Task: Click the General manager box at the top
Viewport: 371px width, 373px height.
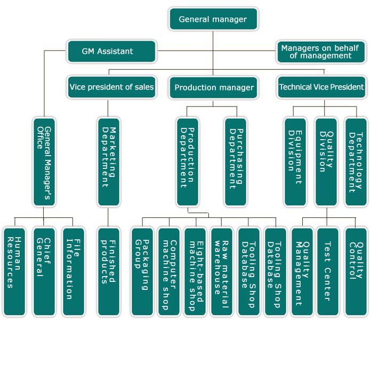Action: point(213,19)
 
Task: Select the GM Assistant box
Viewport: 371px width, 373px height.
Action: point(111,51)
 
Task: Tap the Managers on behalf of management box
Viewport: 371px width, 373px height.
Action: point(321,52)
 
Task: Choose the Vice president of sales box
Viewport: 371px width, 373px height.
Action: point(111,87)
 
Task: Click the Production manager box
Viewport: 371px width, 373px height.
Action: point(213,87)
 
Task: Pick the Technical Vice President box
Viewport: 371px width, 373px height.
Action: point(321,87)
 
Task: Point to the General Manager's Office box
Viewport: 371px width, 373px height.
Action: point(44,162)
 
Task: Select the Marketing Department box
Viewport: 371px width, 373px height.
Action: point(109,162)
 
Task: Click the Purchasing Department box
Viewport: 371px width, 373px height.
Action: point(236,162)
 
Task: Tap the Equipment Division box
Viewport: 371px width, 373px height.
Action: point(295,162)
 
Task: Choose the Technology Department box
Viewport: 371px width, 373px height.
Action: point(356,162)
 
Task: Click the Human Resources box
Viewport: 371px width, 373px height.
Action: point(14,272)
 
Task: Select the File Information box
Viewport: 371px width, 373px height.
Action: point(74,272)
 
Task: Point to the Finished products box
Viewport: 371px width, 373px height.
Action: point(109,272)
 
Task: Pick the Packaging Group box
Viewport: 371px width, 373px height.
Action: point(142,272)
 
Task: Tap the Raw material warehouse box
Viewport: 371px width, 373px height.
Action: point(222,272)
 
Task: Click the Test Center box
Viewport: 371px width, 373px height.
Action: point(327,272)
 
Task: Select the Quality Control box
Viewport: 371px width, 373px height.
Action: point(356,272)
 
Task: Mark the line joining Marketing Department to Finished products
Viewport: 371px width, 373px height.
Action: point(108,217)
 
